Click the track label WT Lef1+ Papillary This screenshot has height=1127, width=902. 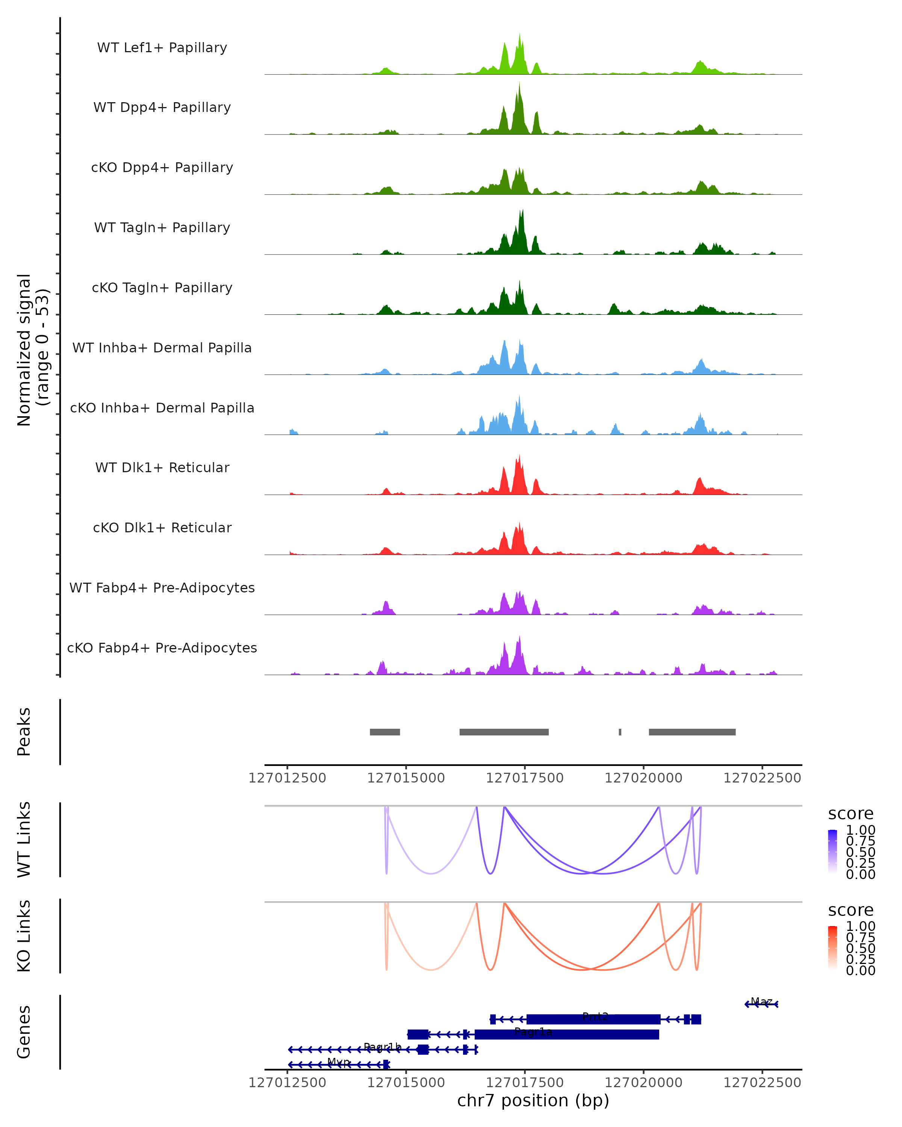tap(162, 48)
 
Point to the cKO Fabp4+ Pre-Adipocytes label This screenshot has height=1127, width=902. tap(162, 648)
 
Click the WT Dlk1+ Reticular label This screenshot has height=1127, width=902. tap(162, 467)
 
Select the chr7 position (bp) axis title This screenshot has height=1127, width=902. tap(533, 1100)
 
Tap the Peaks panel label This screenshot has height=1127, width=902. tap(24, 732)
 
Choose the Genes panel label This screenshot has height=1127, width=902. tap(24, 1032)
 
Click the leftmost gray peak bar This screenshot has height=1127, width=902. tap(385, 732)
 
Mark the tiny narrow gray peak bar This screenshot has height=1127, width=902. tap(620, 732)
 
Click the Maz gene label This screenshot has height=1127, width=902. tap(761, 1002)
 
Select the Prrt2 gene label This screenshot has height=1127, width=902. tap(595, 1017)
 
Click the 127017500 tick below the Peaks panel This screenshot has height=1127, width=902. tap(524, 778)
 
